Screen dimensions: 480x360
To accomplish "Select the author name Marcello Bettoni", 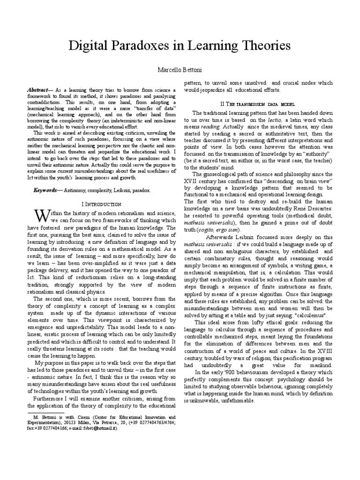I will click(x=180, y=69).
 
